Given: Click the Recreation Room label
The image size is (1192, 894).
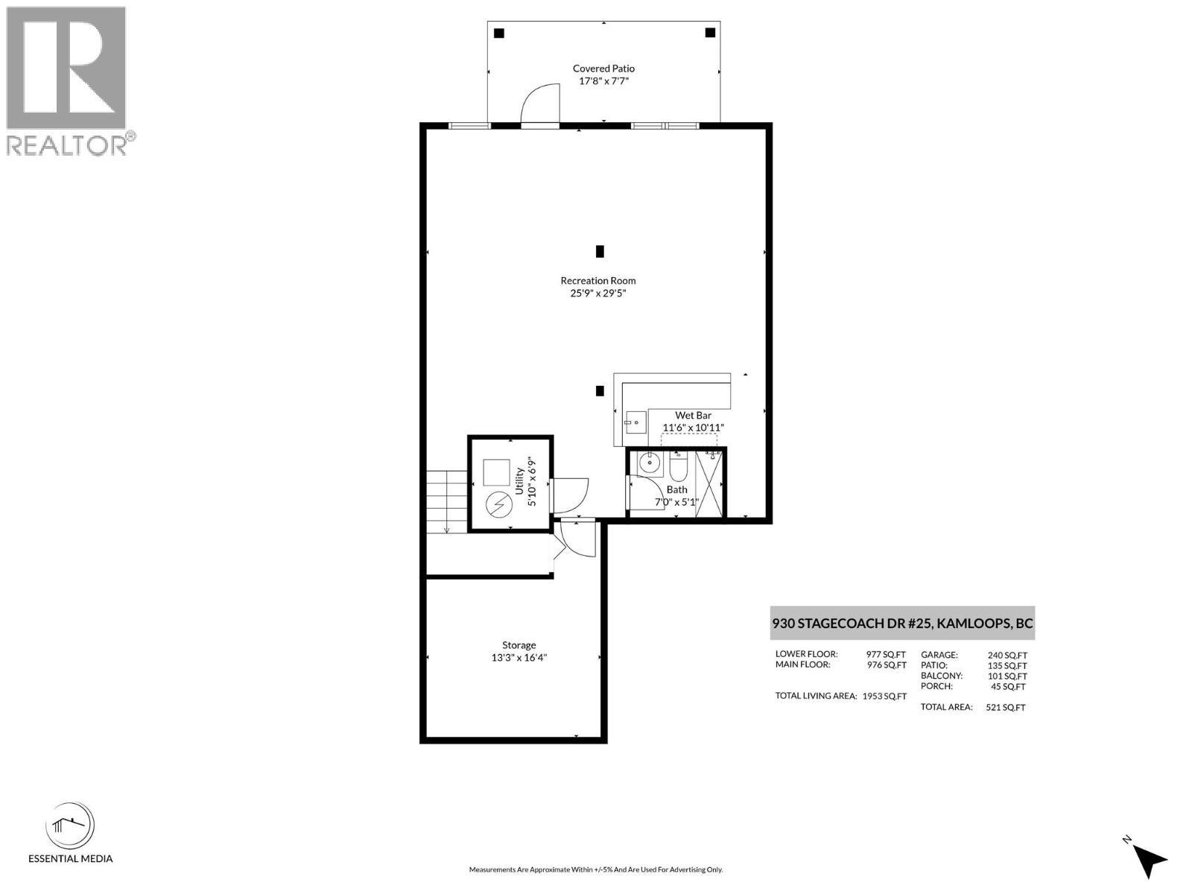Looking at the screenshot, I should tap(598, 281).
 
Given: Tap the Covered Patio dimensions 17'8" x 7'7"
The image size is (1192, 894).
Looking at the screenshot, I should tap(603, 80).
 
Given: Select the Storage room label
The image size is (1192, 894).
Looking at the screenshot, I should tap(519, 645).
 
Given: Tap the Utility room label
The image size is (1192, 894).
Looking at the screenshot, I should tap(519, 481).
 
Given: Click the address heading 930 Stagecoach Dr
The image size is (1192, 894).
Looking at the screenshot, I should tap(902, 624).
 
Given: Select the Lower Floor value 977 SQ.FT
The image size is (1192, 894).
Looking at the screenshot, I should tap(886, 655).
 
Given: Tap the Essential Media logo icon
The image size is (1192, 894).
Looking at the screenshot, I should tap(70, 826).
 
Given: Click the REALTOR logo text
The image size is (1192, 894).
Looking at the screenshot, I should tap(67, 145).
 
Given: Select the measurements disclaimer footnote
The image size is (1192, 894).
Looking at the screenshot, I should tap(595, 869).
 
